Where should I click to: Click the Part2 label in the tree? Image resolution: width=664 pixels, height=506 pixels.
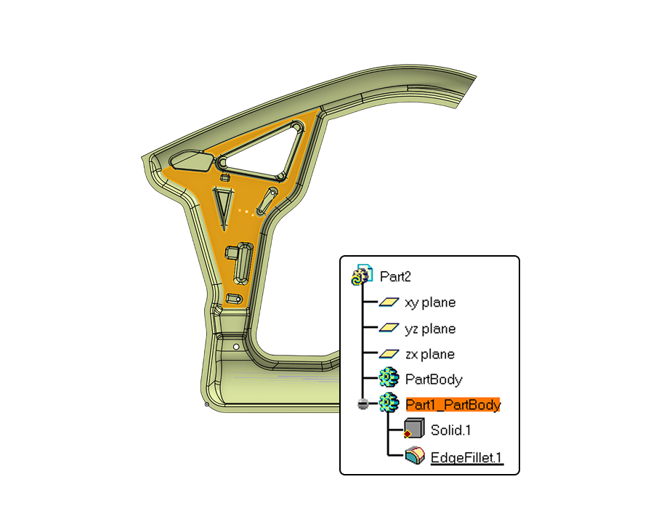[x=395, y=277]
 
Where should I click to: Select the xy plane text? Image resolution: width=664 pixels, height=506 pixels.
[x=430, y=302]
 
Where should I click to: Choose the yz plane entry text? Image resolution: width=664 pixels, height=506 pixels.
[x=430, y=329]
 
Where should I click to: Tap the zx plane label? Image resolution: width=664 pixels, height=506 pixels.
[x=430, y=354]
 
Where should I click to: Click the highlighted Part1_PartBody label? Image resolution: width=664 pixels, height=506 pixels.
[x=453, y=405]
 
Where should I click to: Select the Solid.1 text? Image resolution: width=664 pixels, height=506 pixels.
[x=450, y=430]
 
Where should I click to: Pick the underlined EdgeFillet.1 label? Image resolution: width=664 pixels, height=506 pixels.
[x=466, y=458]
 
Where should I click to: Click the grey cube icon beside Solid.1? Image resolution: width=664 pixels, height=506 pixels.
[x=414, y=428]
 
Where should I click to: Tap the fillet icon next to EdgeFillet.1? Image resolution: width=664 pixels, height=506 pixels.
[x=415, y=456]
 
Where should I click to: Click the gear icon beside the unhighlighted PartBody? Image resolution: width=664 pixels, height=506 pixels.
[x=389, y=377]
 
